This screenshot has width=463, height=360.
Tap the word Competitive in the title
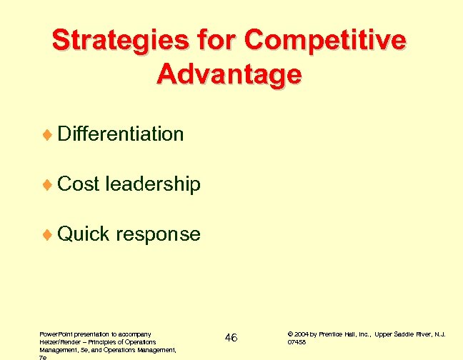point(326,41)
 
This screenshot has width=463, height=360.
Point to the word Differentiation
point(120,134)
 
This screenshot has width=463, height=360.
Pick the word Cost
point(78,184)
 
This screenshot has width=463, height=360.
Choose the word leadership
point(153,184)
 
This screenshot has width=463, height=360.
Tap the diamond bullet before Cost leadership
point(48,185)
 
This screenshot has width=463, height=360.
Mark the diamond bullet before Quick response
point(48,235)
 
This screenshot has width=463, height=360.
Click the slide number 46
point(230,337)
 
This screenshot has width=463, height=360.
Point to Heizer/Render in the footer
point(53,342)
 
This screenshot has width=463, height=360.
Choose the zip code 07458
point(297,342)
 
